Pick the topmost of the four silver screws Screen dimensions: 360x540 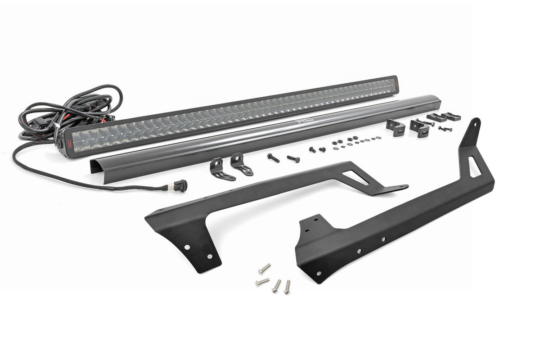click(x=264, y=269)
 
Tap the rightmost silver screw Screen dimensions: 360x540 click(x=287, y=287)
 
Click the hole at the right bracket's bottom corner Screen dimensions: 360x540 click(x=319, y=273)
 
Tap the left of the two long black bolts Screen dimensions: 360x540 click(x=273, y=157)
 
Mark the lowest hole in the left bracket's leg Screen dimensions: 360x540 click(x=210, y=256)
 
